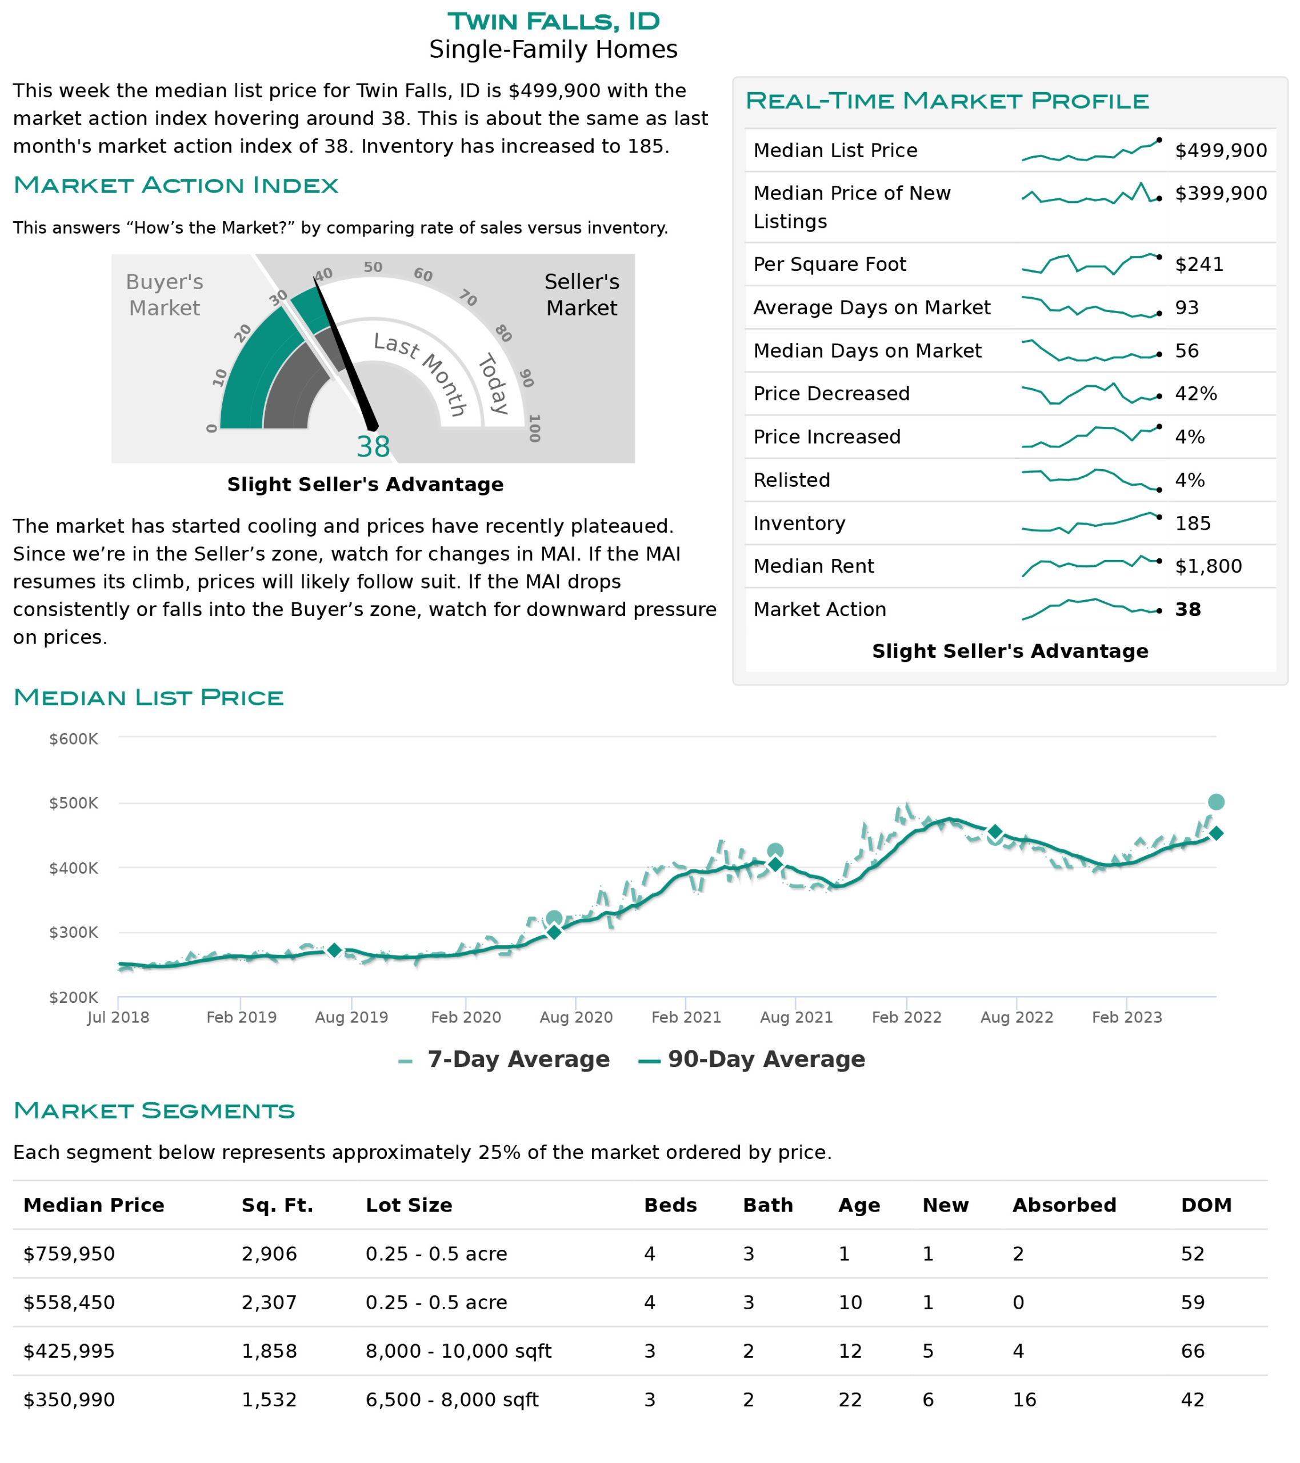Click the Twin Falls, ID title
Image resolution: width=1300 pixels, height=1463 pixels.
[x=553, y=22]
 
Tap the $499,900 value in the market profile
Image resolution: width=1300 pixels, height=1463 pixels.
[x=1221, y=150]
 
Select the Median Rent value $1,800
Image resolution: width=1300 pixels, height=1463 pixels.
[x=1207, y=566]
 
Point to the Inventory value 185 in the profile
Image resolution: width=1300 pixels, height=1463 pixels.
[x=1193, y=523]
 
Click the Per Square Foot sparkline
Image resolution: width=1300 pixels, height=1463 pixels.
[x=1091, y=264]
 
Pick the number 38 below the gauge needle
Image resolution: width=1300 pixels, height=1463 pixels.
[x=373, y=447]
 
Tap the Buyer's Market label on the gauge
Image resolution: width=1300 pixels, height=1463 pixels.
[x=165, y=295]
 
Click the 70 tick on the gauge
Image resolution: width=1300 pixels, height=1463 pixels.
[x=468, y=297]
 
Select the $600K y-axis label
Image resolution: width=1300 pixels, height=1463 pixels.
[x=73, y=739]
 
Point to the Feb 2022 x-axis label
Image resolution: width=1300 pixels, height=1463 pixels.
[x=906, y=1017]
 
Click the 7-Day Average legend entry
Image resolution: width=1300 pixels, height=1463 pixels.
[x=504, y=1060]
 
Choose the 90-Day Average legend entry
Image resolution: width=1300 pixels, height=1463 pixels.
[x=751, y=1060]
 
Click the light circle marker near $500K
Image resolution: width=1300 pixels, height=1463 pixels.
[x=1215, y=802]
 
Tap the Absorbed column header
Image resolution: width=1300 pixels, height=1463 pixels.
[x=1064, y=1205]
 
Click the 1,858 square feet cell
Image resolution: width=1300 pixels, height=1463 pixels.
[x=269, y=1352]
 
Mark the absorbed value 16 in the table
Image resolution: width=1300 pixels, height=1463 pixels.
[x=1025, y=1400]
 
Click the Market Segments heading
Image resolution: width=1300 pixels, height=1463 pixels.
[x=154, y=1110]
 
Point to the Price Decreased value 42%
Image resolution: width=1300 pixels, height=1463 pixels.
[x=1195, y=394]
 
